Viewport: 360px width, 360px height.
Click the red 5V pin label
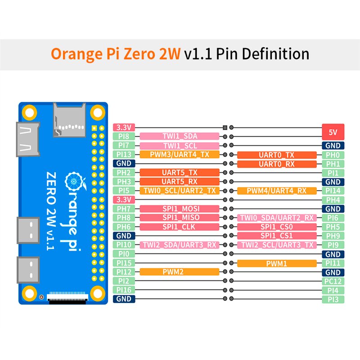(x=333, y=132)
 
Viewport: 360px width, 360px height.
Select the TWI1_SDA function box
(x=180, y=136)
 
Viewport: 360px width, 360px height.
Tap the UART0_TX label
(x=276, y=155)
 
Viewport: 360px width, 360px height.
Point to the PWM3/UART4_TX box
(x=180, y=155)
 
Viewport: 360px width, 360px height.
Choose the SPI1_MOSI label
(x=180, y=209)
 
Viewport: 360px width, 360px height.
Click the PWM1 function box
(x=276, y=263)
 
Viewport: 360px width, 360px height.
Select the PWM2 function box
(x=180, y=272)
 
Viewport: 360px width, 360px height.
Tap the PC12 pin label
(x=333, y=281)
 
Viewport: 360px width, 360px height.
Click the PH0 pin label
(x=333, y=155)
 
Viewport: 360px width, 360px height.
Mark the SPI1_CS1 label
(x=276, y=236)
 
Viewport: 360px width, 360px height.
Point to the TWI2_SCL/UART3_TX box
(x=276, y=245)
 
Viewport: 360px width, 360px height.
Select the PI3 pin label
(x=333, y=299)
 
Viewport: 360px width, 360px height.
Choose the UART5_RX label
(x=180, y=182)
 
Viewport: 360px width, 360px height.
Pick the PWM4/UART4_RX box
(x=276, y=191)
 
